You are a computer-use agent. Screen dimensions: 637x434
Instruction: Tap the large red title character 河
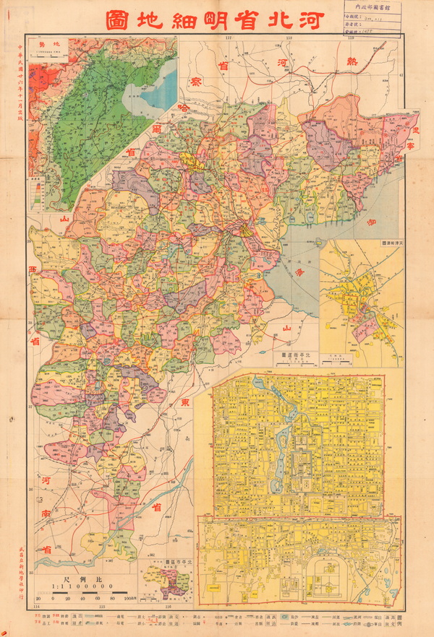[320, 19]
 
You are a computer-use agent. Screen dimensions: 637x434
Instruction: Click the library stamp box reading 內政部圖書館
[371, 12]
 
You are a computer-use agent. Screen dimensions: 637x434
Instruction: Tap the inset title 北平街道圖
[292, 355]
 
